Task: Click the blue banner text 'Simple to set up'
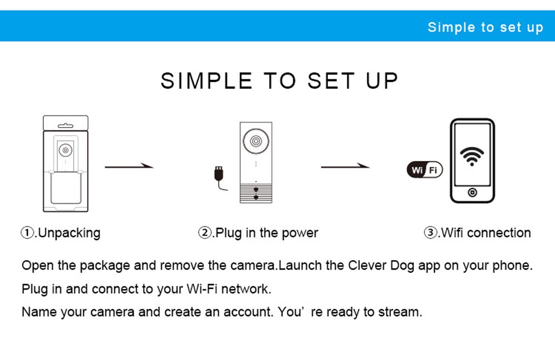[485, 27]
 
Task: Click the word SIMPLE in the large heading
[206, 80]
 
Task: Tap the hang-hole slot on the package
[65, 125]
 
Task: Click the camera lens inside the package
[65, 150]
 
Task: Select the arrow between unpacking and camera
[129, 166]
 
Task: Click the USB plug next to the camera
[219, 173]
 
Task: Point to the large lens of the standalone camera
[256, 141]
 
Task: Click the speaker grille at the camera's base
[256, 194]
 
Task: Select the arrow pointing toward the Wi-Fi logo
[345, 166]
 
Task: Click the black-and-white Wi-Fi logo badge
[425, 170]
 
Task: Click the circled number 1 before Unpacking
[27, 232]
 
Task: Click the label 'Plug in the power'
[267, 233]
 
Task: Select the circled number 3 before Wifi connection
[430, 232]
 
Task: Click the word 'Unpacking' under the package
[69, 233]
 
